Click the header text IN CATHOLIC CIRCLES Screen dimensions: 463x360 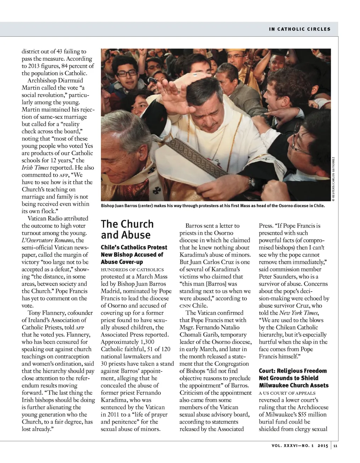pos(300,29)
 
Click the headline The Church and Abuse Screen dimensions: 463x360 pos(127,229)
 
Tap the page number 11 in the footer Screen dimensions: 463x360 pos(335,446)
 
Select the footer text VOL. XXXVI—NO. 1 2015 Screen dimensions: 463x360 pos(300,446)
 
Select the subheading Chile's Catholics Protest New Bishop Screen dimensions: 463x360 pos(134,254)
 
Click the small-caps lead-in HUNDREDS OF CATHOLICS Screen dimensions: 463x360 pos(132,269)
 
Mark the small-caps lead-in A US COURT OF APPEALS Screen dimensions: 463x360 pos(287,393)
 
